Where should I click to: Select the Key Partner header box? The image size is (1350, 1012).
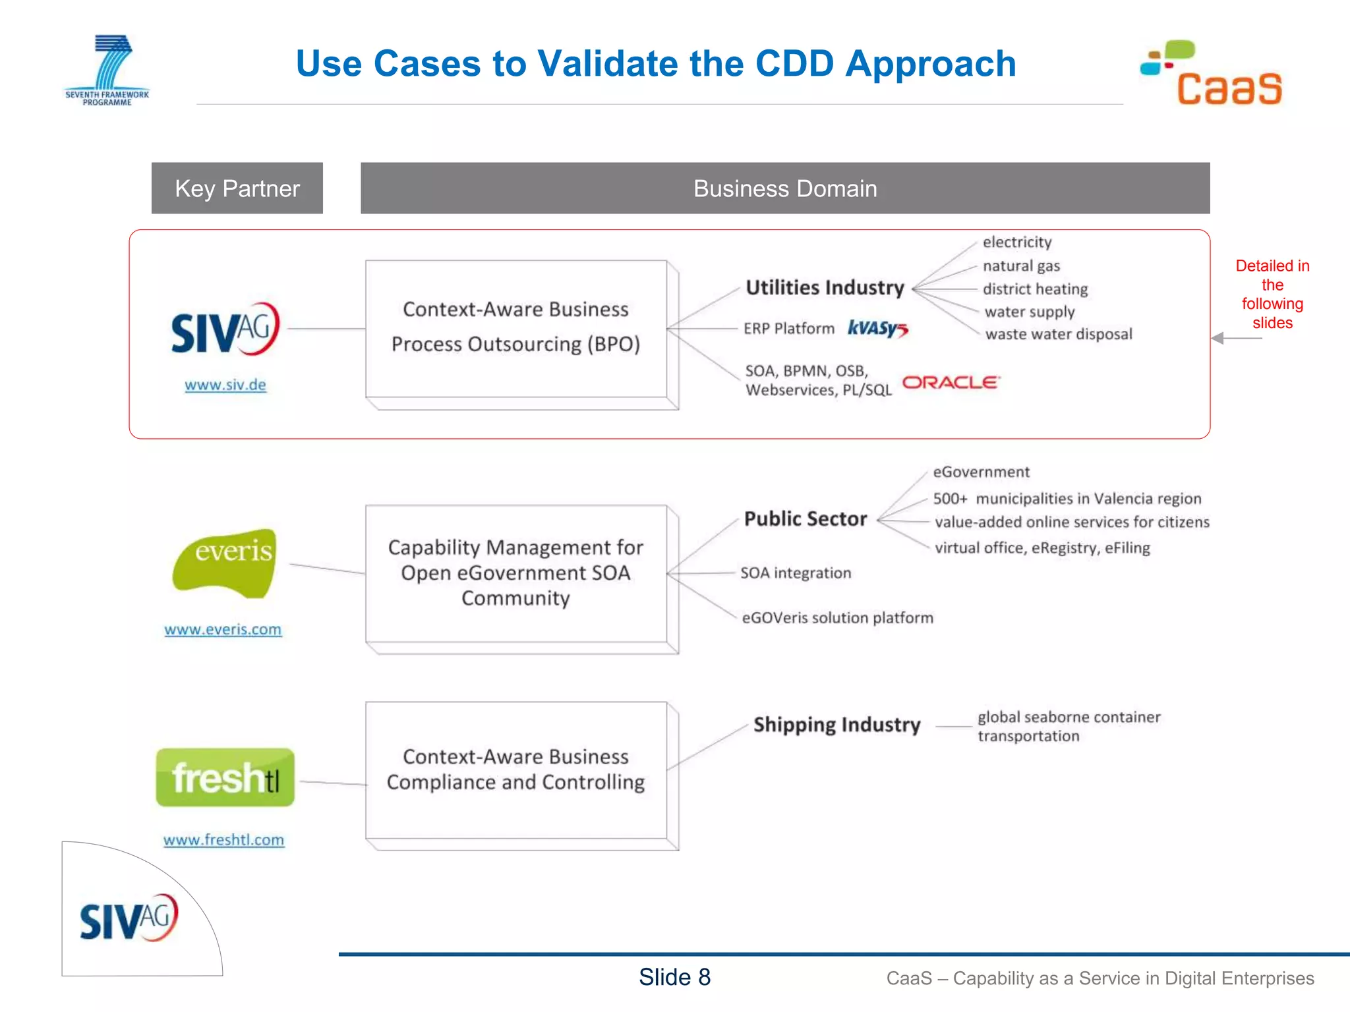[237, 188]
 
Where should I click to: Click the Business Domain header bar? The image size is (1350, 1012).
[784, 188]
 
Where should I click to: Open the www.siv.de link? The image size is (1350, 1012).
[225, 385]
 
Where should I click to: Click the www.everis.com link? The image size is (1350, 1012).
[223, 629]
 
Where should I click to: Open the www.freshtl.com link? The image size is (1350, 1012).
[223, 840]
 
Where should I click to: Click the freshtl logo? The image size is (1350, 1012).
[225, 777]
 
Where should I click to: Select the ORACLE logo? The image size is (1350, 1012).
[951, 383]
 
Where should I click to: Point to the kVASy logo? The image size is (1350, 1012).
[877, 328]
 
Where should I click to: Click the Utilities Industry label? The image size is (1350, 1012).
[825, 288]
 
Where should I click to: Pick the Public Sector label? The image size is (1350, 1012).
[805, 519]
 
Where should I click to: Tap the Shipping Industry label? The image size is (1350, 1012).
[836, 725]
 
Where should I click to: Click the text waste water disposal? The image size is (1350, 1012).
[1058, 334]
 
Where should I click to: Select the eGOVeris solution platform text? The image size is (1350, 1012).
[837, 618]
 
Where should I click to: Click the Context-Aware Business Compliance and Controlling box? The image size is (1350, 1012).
[516, 770]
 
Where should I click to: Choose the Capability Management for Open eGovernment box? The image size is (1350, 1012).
[516, 573]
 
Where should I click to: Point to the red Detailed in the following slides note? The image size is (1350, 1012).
[1272, 294]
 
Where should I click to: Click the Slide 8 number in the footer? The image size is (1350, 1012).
[674, 977]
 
